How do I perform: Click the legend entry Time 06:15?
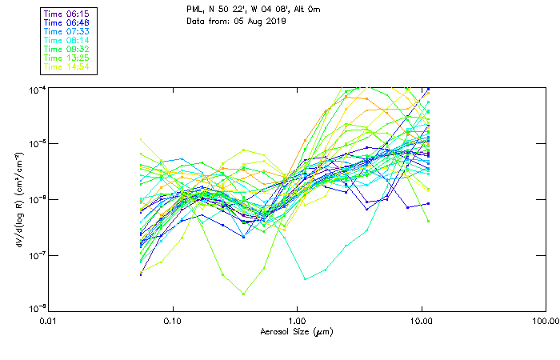[x=66, y=14]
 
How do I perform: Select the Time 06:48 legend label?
[x=66, y=22]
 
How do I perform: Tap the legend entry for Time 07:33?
[x=66, y=31]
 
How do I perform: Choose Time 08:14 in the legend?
[x=66, y=40]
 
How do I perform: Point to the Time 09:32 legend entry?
[x=66, y=49]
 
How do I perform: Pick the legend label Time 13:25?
[x=66, y=58]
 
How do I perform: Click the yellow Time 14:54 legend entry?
[x=66, y=66]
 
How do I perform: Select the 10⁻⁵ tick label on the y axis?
[x=34, y=144]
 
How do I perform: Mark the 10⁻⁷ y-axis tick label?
[x=34, y=255]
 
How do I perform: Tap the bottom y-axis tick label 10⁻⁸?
[x=34, y=309]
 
